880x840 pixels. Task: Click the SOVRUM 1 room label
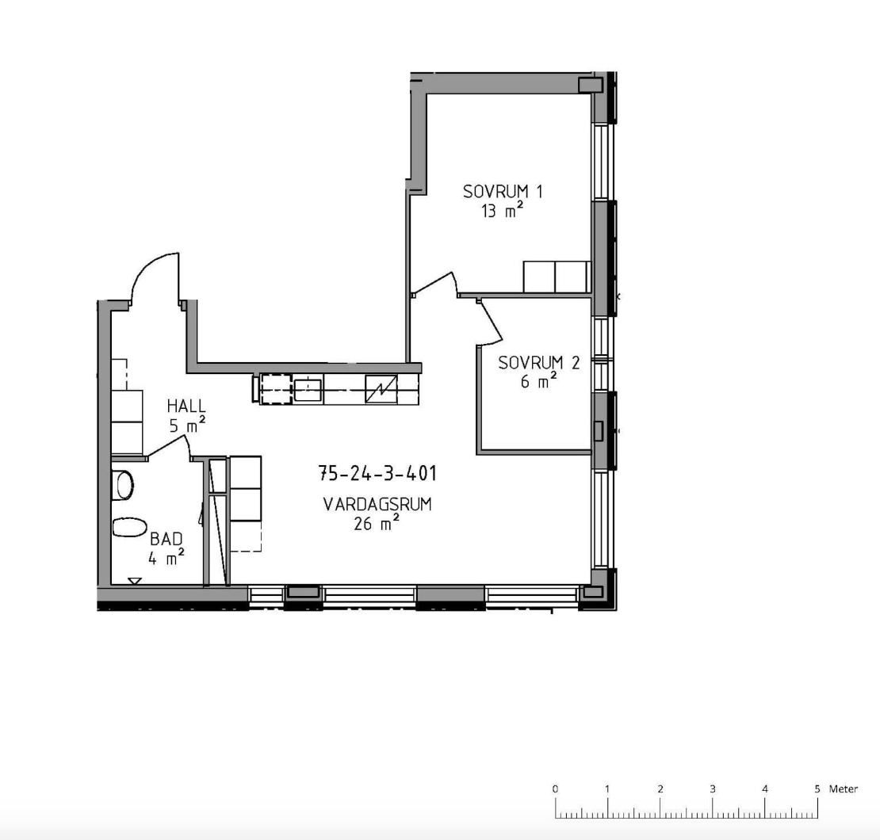[x=503, y=191]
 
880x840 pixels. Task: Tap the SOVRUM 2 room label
[x=539, y=362]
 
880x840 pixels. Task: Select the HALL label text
[x=186, y=406]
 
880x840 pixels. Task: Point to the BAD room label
[x=166, y=539]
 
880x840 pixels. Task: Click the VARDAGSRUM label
[x=377, y=504]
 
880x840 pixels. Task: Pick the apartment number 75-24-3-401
[x=377, y=474]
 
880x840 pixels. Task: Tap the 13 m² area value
[x=503, y=211]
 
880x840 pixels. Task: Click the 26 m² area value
[x=377, y=523]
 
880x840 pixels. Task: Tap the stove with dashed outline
[x=276, y=389]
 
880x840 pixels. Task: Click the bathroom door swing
[x=169, y=447]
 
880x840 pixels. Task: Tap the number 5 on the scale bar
[x=817, y=788]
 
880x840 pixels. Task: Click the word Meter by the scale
[x=844, y=789]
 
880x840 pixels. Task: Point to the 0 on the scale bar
[x=555, y=788]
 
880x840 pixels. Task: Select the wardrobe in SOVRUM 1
[x=557, y=277]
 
